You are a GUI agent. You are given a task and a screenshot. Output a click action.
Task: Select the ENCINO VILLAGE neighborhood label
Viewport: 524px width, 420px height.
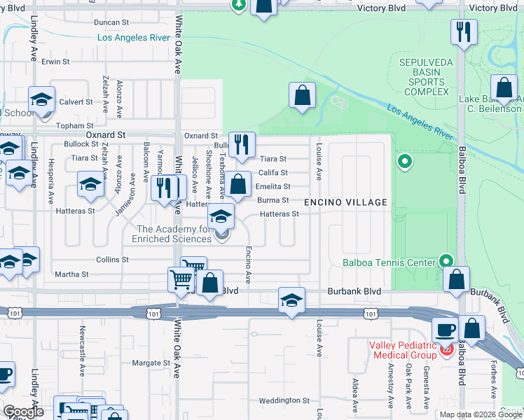(345, 202)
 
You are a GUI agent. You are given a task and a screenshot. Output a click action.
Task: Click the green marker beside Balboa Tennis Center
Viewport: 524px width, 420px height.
(446, 261)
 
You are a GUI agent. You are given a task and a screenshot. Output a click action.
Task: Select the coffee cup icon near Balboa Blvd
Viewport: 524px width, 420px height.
(445, 330)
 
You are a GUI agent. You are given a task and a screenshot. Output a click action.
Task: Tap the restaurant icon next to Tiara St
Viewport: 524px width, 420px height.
(242, 144)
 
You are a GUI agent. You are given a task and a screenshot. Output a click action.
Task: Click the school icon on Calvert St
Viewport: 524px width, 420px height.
(41, 99)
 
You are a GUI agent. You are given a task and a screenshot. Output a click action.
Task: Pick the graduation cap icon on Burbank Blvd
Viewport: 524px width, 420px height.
(291, 300)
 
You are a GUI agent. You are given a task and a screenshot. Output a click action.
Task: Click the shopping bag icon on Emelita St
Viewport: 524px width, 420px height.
(238, 185)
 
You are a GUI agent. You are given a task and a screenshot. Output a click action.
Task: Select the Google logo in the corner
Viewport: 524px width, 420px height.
(23, 412)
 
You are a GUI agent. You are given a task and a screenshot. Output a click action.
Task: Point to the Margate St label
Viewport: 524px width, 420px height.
(151, 363)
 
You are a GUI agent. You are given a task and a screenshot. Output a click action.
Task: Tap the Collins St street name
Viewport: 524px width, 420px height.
(112, 259)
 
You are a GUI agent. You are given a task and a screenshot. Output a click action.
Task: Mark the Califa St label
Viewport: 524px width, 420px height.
(273, 172)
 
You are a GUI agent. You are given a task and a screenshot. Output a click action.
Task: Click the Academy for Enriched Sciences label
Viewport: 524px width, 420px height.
(174, 234)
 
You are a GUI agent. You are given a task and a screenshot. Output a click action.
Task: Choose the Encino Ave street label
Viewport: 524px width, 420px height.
(247, 264)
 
